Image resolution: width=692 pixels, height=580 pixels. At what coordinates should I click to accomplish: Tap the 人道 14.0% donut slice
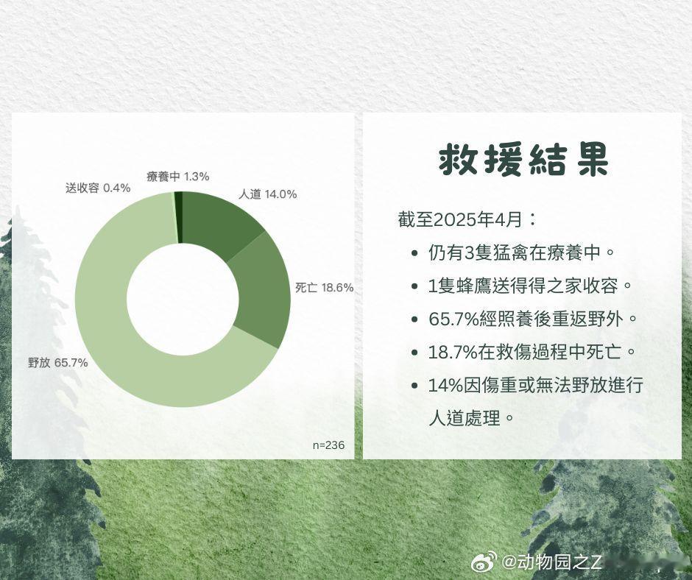[216, 221]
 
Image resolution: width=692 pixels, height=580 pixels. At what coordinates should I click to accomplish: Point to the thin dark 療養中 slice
[178, 217]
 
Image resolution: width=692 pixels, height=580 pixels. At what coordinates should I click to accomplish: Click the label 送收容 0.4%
[98, 188]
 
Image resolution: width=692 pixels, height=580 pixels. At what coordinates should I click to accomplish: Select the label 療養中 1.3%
[178, 177]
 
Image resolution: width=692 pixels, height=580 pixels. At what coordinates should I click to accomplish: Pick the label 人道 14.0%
[268, 194]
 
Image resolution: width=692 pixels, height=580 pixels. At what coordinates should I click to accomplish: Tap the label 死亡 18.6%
[325, 288]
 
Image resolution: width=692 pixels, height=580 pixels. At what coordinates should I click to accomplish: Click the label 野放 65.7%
[58, 363]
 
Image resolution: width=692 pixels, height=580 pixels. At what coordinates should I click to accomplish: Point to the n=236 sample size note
[328, 445]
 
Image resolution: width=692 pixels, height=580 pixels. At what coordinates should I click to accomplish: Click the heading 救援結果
[524, 159]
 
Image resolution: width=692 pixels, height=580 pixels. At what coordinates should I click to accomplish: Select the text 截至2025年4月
[460, 219]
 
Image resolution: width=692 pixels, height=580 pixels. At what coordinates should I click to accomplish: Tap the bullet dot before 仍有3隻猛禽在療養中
[414, 254]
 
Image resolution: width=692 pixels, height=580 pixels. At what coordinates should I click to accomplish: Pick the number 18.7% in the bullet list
[453, 353]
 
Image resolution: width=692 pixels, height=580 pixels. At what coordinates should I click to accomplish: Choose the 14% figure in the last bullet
[445, 386]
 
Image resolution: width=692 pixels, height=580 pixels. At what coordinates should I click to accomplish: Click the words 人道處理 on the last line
[465, 418]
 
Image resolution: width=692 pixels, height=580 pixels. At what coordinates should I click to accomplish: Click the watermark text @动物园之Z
[551, 562]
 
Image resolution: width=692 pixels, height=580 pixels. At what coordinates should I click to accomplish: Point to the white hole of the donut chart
[183, 299]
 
